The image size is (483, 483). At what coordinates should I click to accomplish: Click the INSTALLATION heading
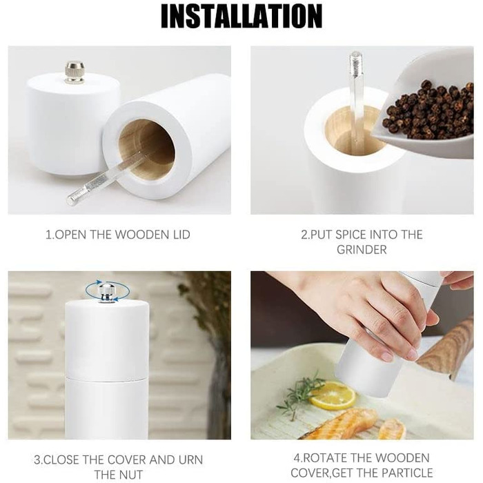[241, 16]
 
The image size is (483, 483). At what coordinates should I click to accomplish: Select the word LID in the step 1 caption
[180, 235]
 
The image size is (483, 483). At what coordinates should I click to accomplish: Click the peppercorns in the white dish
[428, 109]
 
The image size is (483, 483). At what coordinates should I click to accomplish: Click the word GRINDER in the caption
[362, 250]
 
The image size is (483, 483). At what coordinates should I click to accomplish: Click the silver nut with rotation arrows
[106, 293]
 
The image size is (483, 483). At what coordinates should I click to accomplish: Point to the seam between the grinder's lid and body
[106, 377]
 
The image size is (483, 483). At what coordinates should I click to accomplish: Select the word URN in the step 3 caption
[190, 460]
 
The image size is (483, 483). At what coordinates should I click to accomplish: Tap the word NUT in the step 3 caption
[132, 475]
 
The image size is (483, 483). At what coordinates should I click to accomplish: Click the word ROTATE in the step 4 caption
[324, 458]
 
